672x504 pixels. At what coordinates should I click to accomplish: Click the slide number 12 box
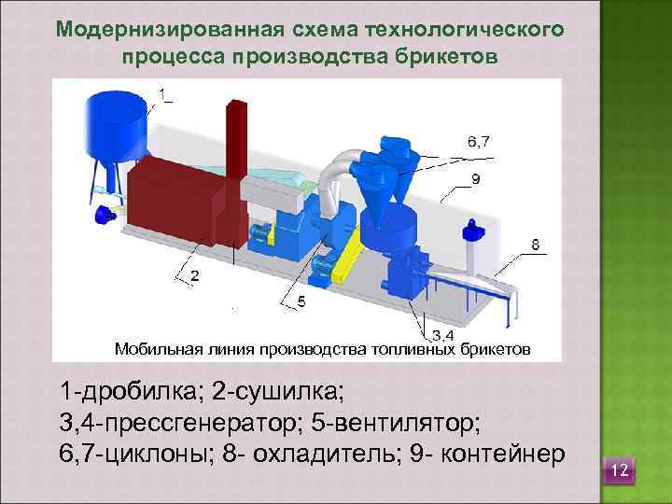[619, 472]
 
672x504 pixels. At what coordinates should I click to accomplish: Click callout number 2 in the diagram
[194, 275]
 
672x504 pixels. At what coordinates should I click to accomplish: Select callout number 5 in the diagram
[301, 301]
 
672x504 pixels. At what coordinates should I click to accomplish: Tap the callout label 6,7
[479, 141]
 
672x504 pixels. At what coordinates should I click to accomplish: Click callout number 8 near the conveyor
[535, 245]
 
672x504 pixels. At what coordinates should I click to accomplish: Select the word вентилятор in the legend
[403, 421]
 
